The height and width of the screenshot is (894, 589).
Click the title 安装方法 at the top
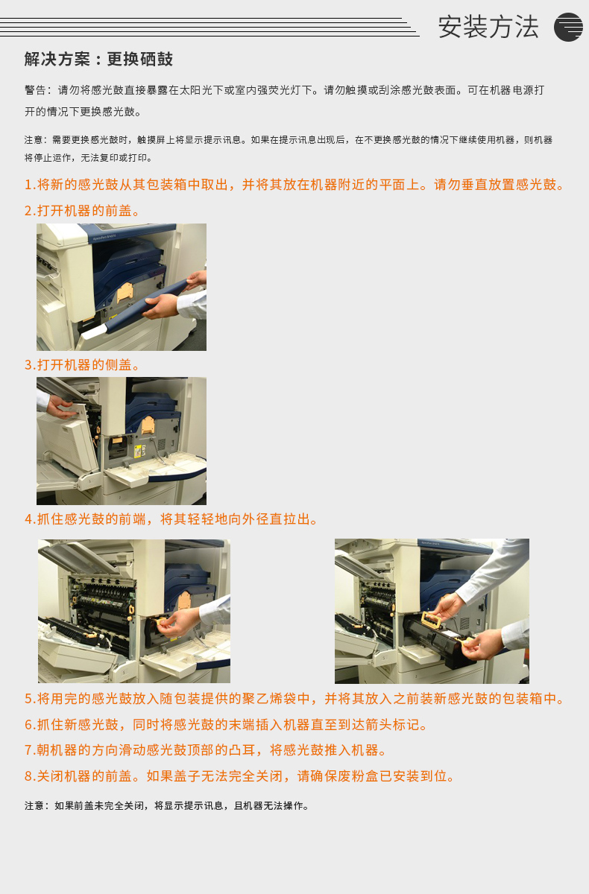488,27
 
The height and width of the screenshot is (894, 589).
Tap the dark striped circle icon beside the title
568,27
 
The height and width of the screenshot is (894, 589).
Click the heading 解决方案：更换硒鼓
98,59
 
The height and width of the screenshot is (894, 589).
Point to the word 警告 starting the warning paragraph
35,90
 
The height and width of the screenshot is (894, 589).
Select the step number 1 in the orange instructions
28,185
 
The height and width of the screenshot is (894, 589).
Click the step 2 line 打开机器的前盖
82,211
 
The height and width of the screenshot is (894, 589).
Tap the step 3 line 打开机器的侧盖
82,365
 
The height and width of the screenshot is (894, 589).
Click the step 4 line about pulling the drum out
171,519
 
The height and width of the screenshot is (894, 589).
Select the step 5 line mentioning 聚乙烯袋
294,699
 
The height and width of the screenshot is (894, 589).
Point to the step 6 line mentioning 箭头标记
227,724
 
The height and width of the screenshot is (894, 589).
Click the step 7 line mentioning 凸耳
206,750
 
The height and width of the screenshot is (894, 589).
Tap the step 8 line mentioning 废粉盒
240,776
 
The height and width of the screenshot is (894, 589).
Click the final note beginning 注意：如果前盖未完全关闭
167,806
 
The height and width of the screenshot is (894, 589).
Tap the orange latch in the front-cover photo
125,293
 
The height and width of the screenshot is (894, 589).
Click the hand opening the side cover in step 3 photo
60,406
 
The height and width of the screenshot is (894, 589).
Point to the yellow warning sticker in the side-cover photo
138,451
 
